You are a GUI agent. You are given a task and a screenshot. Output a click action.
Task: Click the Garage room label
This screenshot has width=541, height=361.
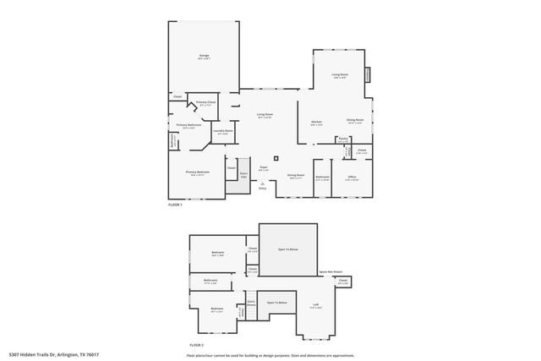click(204, 57)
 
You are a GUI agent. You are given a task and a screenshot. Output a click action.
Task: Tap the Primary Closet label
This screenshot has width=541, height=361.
click(206, 103)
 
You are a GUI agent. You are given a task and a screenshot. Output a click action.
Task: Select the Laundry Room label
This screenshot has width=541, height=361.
click(223, 131)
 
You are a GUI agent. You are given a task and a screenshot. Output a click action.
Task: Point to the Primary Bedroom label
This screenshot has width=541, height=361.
click(198, 172)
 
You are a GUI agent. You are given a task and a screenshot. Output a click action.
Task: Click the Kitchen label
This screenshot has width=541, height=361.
click(316, 123)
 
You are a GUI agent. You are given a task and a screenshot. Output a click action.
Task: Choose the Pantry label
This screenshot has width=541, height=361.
click(343, 139)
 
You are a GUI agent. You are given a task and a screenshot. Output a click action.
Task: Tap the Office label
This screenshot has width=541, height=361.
click(352, 178)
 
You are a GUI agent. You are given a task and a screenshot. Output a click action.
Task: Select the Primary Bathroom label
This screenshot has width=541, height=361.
click(189, 126)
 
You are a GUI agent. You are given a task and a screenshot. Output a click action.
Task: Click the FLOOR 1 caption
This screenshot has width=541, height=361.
click(176, 205)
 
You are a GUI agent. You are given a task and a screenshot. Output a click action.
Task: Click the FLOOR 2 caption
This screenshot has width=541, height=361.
click(197, 346)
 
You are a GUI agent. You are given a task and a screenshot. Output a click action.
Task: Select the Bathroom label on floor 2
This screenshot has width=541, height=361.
click(210, 281)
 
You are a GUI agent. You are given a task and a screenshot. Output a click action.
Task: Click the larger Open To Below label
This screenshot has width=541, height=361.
click(288, 249)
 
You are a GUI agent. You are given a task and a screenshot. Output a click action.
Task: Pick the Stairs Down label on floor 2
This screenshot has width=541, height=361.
click(251, 303)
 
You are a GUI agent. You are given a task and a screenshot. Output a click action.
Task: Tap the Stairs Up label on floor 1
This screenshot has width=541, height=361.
click(243, 175)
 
